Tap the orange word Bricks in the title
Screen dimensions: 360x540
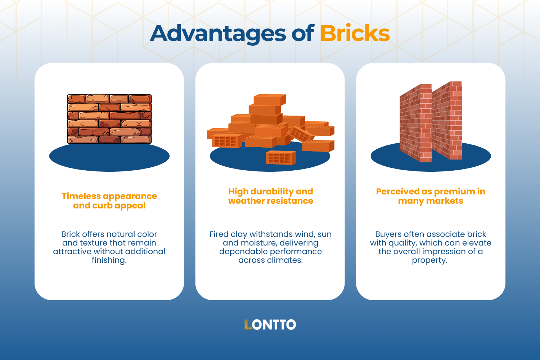click(355, 33)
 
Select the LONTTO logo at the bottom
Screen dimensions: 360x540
click(270, 325)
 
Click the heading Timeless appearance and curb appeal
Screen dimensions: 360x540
click(109, 201)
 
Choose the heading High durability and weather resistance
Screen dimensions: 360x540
click(270, 196)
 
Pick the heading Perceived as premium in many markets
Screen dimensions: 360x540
click(431, 196)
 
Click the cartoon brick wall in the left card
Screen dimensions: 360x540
click(109, 119)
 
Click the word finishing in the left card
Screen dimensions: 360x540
click(109, 260)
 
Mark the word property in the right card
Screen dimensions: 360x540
click(429, 260)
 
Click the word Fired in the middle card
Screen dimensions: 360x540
click(219, 234)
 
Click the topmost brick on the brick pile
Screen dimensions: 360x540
click(269, 100)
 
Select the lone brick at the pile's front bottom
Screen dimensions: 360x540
click(281, 158)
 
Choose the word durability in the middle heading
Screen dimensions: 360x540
click(272, 192)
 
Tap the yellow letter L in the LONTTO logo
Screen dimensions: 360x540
click(248, 325)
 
